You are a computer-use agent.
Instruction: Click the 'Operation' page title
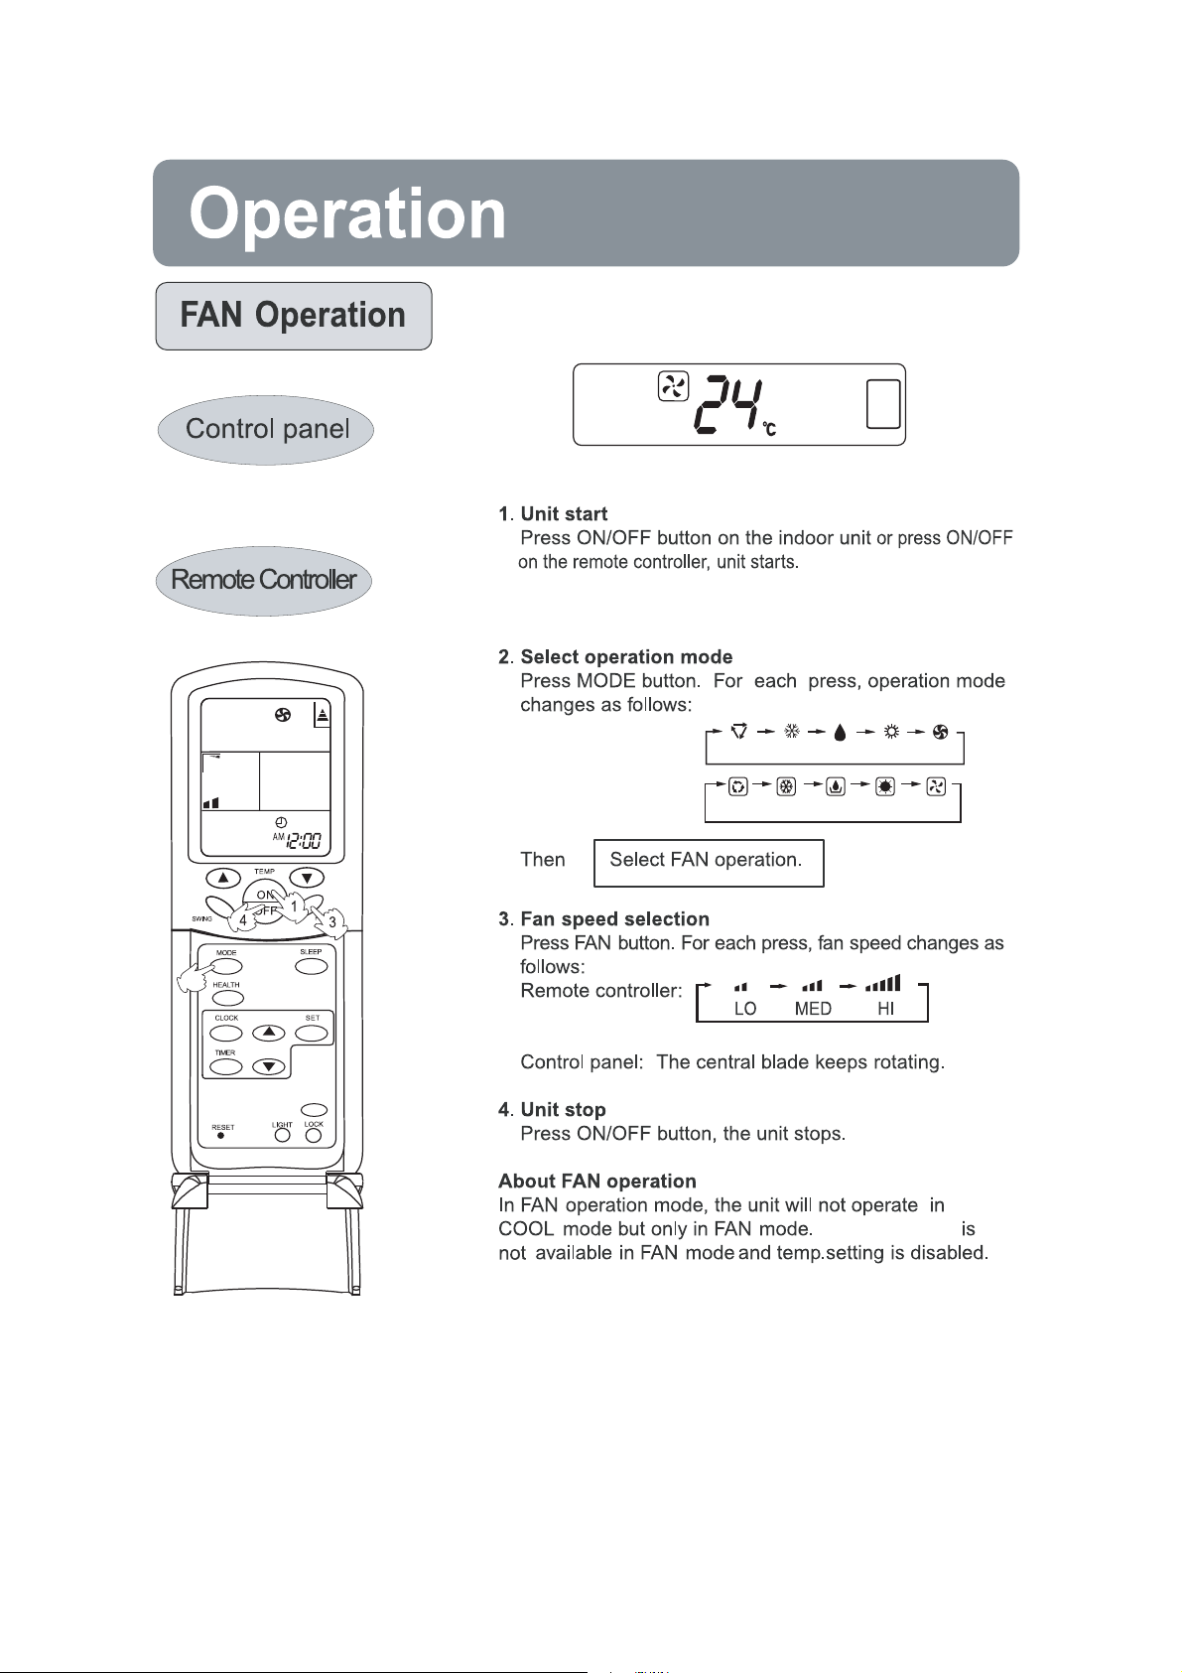tap(347, 214)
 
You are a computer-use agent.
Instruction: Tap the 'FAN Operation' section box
tap(294, 316)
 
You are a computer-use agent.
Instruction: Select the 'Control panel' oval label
tap(266, 429)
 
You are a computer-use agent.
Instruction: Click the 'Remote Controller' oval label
tap(264, 580)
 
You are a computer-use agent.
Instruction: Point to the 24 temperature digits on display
tap(727, 406)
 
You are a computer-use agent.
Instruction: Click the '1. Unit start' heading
tap(553, 513)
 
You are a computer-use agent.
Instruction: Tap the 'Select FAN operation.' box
tap(708, 861)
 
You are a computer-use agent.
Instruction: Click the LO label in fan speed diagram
tap(745, 1009)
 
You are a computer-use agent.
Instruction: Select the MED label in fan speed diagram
tap(813, 1009)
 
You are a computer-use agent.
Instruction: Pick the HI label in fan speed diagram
tap(885, 1009)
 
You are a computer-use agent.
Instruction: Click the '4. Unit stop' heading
tap(552, 1109)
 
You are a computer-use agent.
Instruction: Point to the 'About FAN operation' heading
tap(597, 1181)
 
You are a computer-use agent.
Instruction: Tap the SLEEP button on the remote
tap(312, 966)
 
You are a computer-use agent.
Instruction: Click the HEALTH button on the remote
tap(227, 998)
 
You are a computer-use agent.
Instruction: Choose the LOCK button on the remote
tap(314, 1136)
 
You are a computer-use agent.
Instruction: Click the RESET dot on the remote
tap(220, 1136)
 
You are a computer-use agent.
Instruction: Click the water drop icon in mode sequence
tap(841, 733)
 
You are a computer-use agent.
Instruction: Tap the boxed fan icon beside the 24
tap(673, 386)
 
